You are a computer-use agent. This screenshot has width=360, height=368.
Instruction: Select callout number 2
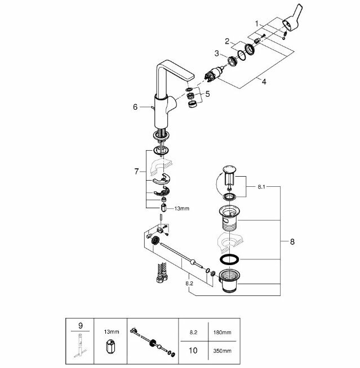click(x=228, y=41)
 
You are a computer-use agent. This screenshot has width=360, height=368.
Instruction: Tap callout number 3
click(x=216, y=53)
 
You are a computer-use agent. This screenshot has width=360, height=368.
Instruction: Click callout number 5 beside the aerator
click(x=207, y=95)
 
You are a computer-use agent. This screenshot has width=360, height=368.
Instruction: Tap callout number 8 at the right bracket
click(x=292, y=242)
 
